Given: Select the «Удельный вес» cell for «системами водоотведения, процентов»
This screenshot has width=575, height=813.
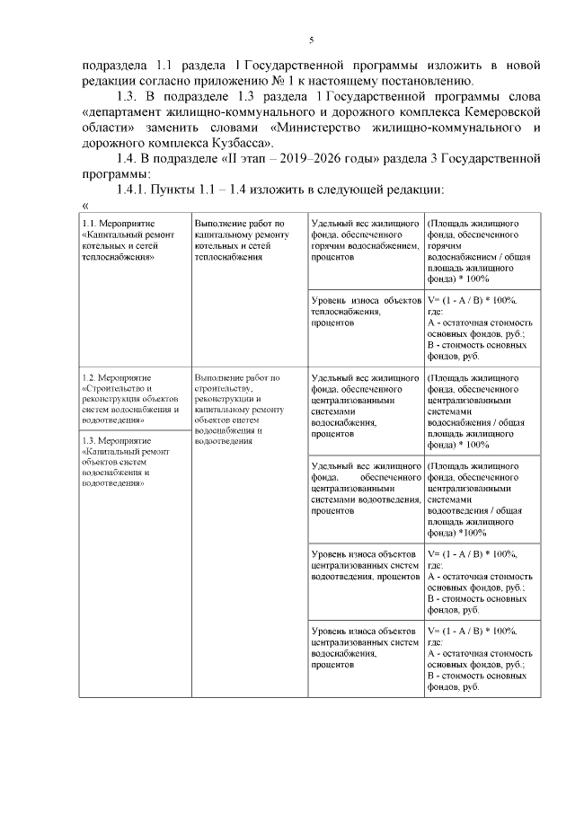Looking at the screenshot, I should point(364,490).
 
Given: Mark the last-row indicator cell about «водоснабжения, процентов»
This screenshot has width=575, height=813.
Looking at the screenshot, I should point(364,647).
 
